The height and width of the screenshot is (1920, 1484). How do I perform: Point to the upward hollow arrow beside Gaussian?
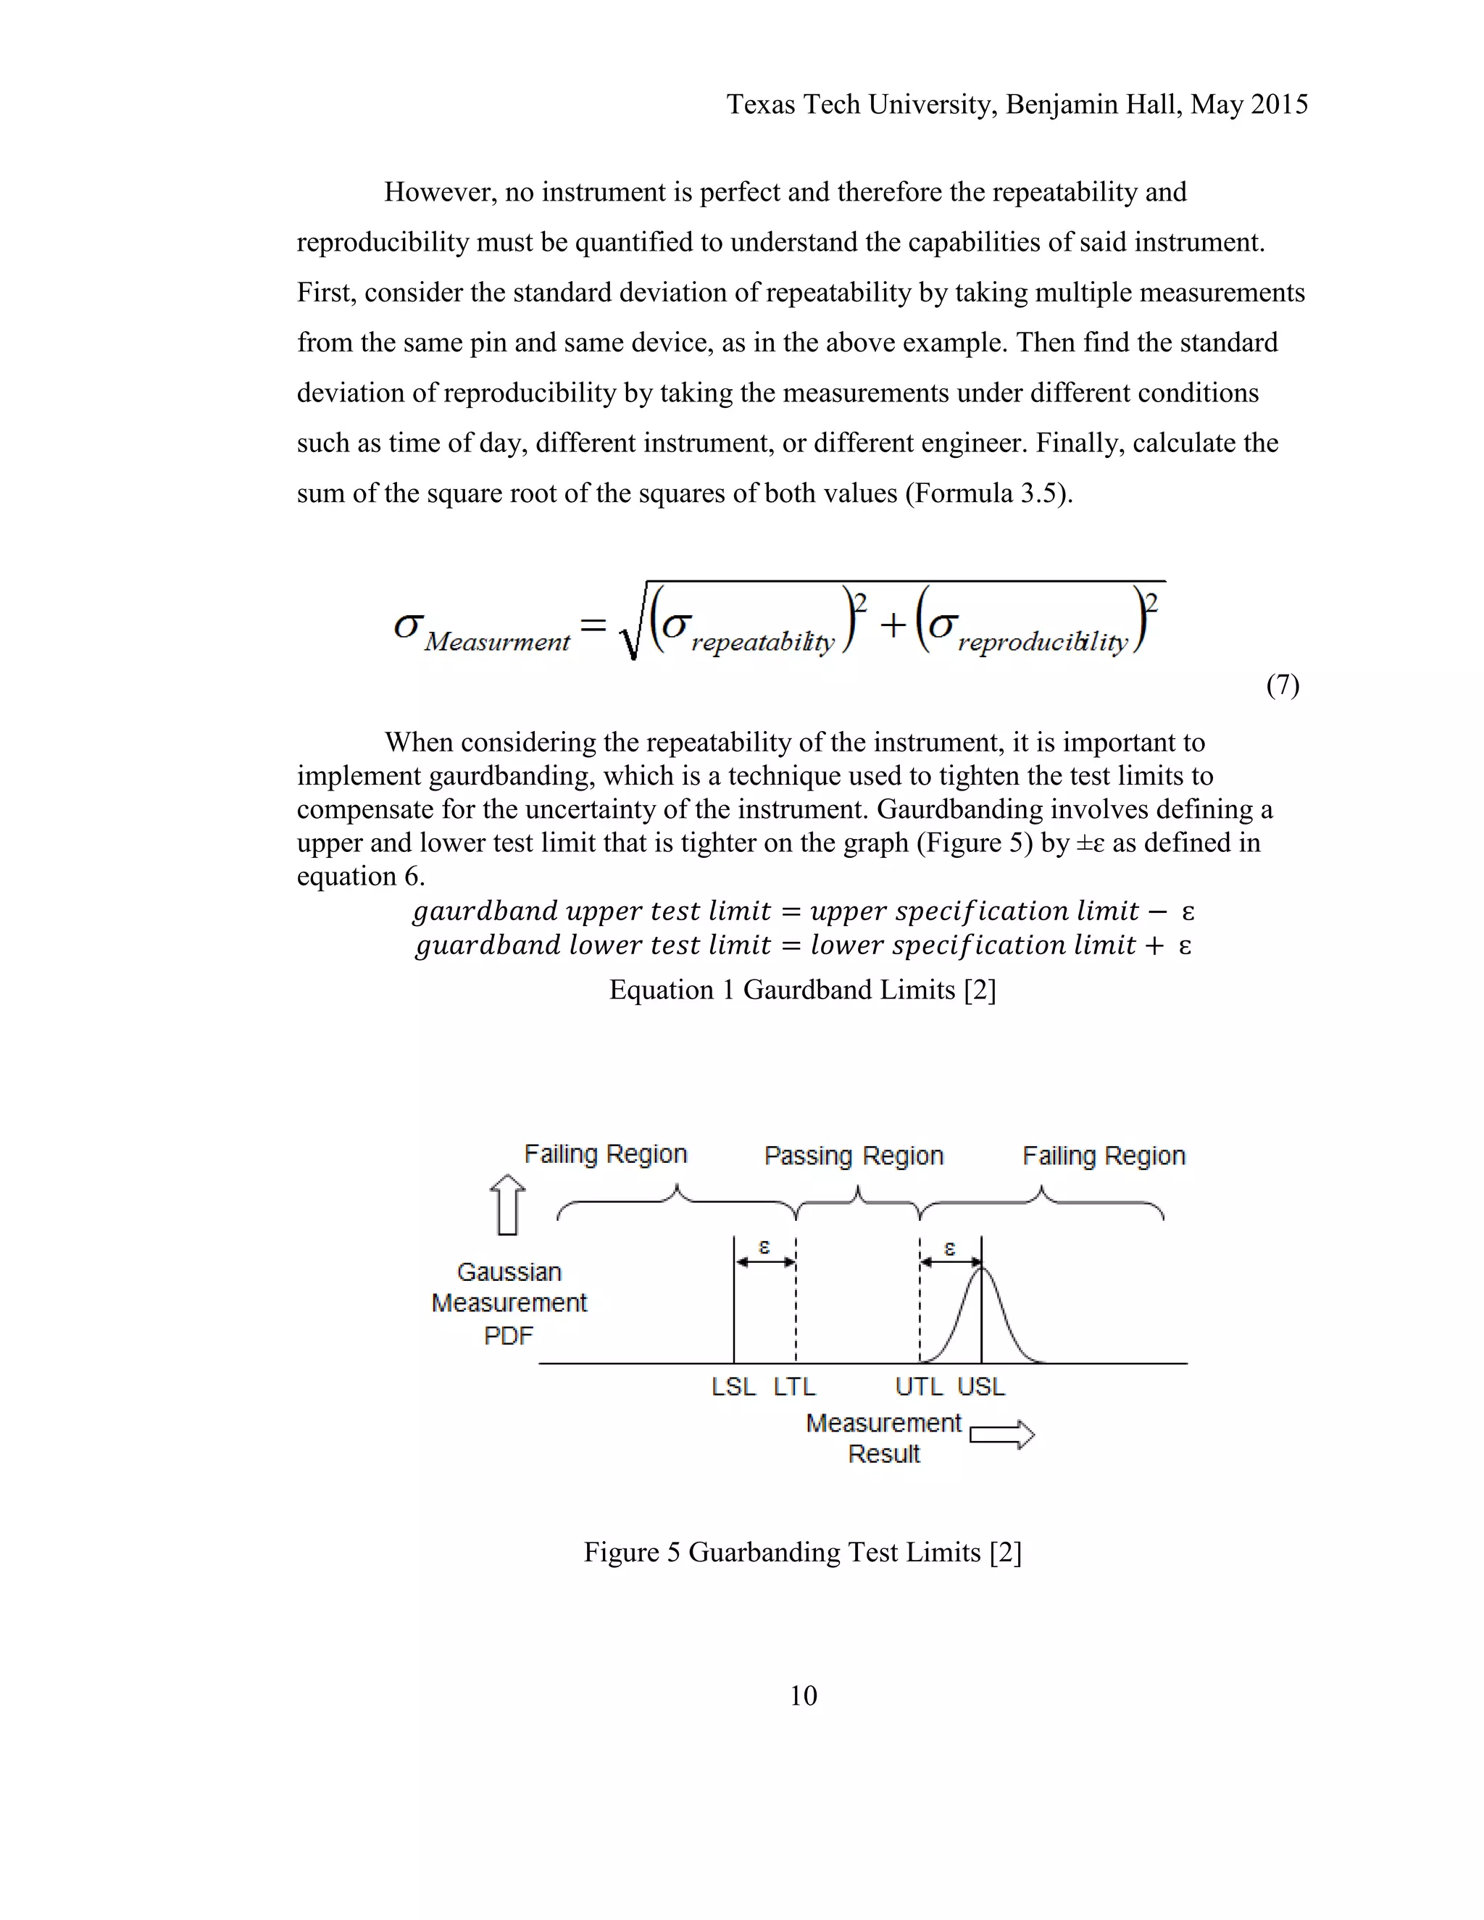pyautogui.click(x=507, y=1206)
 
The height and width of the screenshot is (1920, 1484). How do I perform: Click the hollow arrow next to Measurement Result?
pyautogui.click(x=1002, y=1435)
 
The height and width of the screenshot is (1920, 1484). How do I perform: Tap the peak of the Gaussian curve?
pyautogui.click(x=982, y=1266)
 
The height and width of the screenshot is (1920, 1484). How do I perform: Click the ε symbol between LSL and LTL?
pyautogui.click(x=764, y=1247)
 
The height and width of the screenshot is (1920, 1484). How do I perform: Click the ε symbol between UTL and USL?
pyautogui.click(x=949, y=1248)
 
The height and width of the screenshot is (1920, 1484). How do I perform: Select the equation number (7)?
pyautogui.click(x=1283, y=685)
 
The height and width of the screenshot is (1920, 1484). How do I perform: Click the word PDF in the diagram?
pyautogui.click(x=508, y=1335)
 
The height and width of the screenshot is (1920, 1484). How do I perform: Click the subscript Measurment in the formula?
pyautogui.click(x=496, y=643)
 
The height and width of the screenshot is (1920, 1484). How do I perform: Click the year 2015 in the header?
pyautogui.click(x=1279, y=104)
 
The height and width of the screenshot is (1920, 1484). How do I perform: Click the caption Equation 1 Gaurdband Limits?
pyautogui.click(x=802, y=990)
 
